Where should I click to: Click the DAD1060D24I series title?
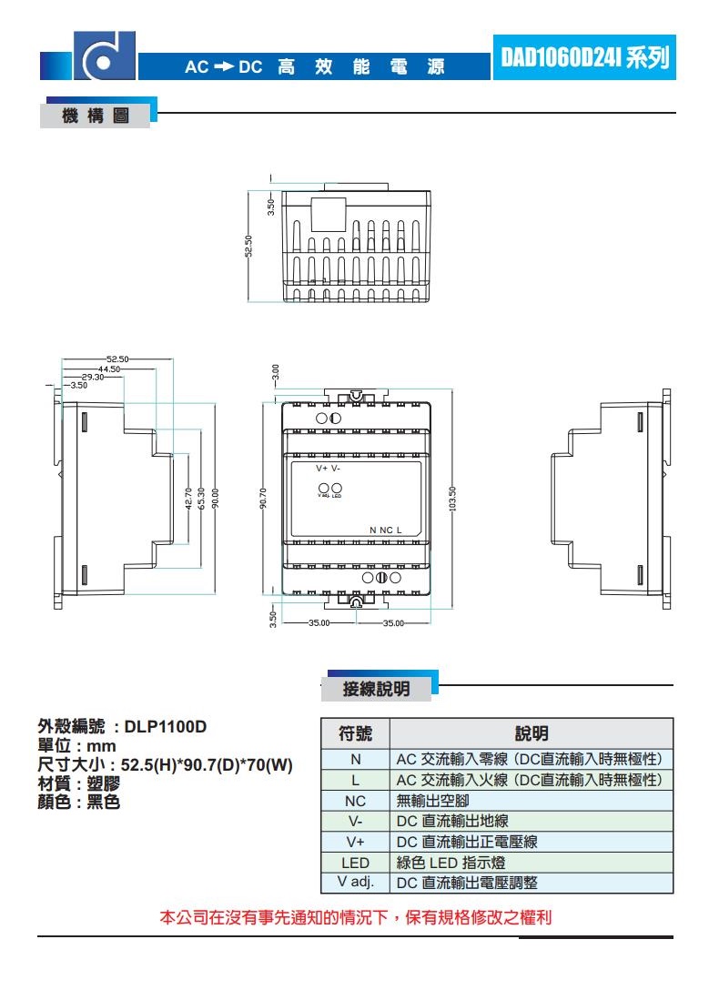(583, 56)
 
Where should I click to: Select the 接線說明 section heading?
(376, 689)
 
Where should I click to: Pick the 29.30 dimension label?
(93, 377)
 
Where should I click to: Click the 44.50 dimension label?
(109, 369)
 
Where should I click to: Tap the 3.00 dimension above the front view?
(275, 371)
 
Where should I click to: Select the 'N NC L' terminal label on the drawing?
(385, 530)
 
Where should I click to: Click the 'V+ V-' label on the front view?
(329, 468)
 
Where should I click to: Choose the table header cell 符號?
(355, 733)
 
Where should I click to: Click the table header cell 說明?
(532, 733)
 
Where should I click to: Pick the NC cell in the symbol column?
(355, 802)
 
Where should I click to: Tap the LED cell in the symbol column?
(355, 863)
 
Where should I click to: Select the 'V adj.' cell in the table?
(355, 883)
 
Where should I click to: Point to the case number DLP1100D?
(166, 727)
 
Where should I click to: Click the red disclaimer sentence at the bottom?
(356, 917)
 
